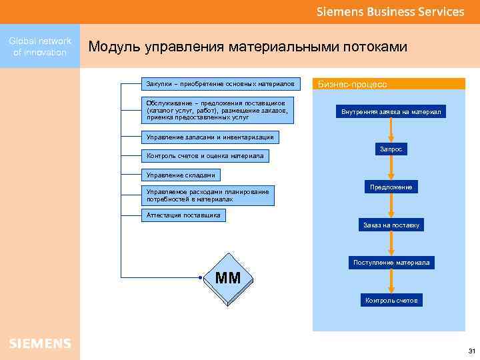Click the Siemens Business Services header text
[x=390, y=11]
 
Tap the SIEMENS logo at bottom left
[x=40, y=343]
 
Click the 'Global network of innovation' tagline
[x=40, y=47]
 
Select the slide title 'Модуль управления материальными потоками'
[x=247, y=47]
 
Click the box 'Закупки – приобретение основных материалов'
[x=221, y=84]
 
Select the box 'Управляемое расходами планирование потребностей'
[x=209, y=195]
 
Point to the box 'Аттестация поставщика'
[x=183, y=215]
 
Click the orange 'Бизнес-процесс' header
[x=389, y=85]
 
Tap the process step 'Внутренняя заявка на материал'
[x=391, y=111]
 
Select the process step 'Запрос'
[x=391, y=150]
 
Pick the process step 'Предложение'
[x=391, y=187]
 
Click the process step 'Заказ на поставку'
[x=391, y=225]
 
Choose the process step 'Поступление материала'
[x=391, y=263]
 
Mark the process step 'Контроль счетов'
[x=391, y=301]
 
